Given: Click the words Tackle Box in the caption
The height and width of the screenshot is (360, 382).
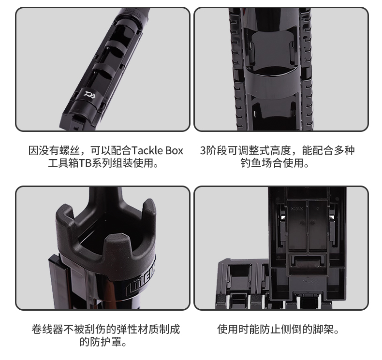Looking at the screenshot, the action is [157, 151].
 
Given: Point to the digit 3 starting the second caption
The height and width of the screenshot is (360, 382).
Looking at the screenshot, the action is [203, 151].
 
